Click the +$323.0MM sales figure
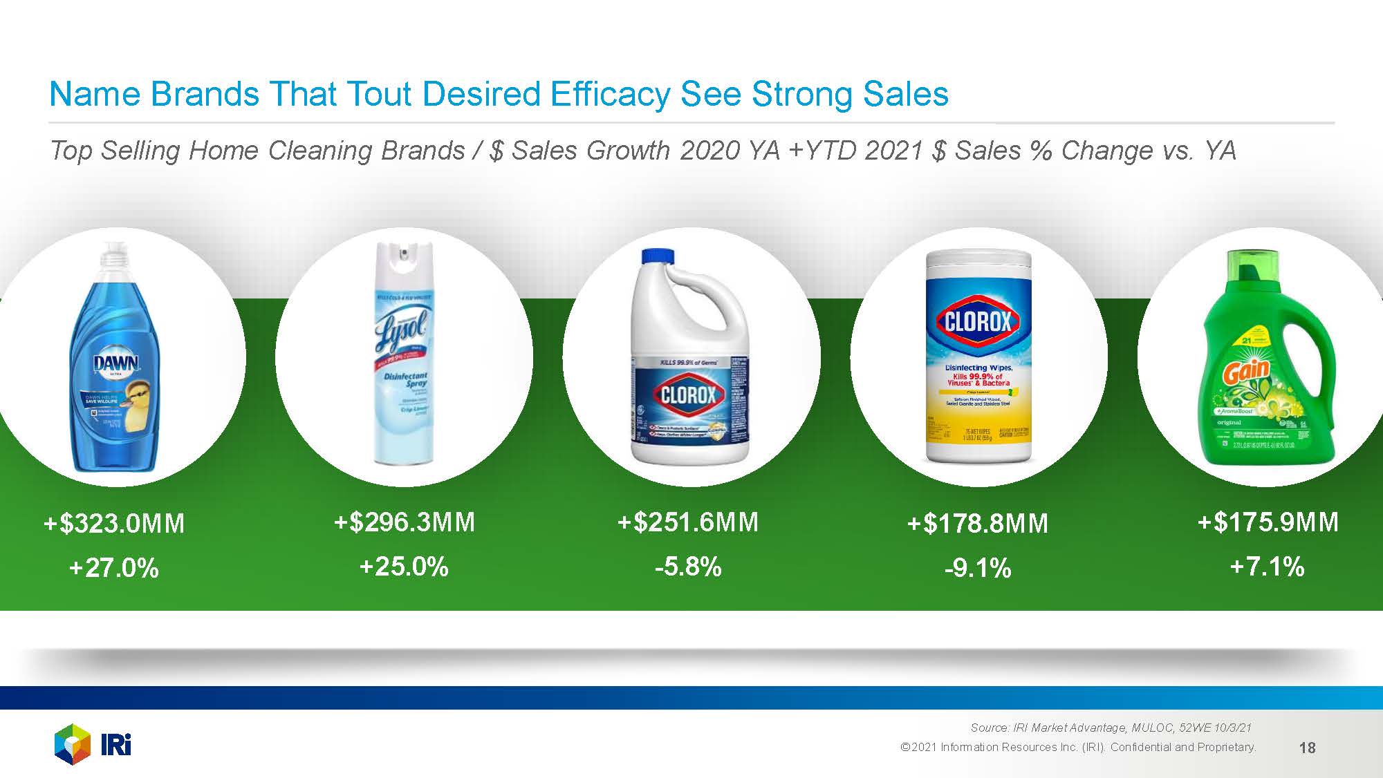(114, 524)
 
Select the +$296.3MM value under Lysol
(405, 522)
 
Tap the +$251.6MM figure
(688, 522)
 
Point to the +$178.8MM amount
(977, 524)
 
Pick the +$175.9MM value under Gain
(1268, 522)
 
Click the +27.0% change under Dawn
(114, 569)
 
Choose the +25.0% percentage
(405, 567)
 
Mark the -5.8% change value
(688, 567)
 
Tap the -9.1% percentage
(977, 569)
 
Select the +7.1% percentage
(1268, 567)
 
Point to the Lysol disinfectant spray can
(404, 352)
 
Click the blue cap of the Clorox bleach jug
(658, 257)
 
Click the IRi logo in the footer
(93, 745)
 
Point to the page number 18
(1307, 748)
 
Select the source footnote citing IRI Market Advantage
(1111, 728)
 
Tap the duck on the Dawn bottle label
(137, 395)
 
